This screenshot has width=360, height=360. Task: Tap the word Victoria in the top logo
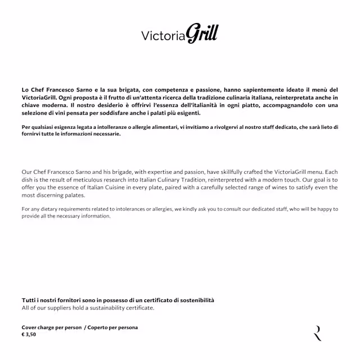(x=163, y=36)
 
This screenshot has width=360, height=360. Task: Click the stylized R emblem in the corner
(x=318, y=333)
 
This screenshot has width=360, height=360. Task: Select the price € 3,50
(x=29, y=334)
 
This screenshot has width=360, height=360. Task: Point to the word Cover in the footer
(x=30, y=327)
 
